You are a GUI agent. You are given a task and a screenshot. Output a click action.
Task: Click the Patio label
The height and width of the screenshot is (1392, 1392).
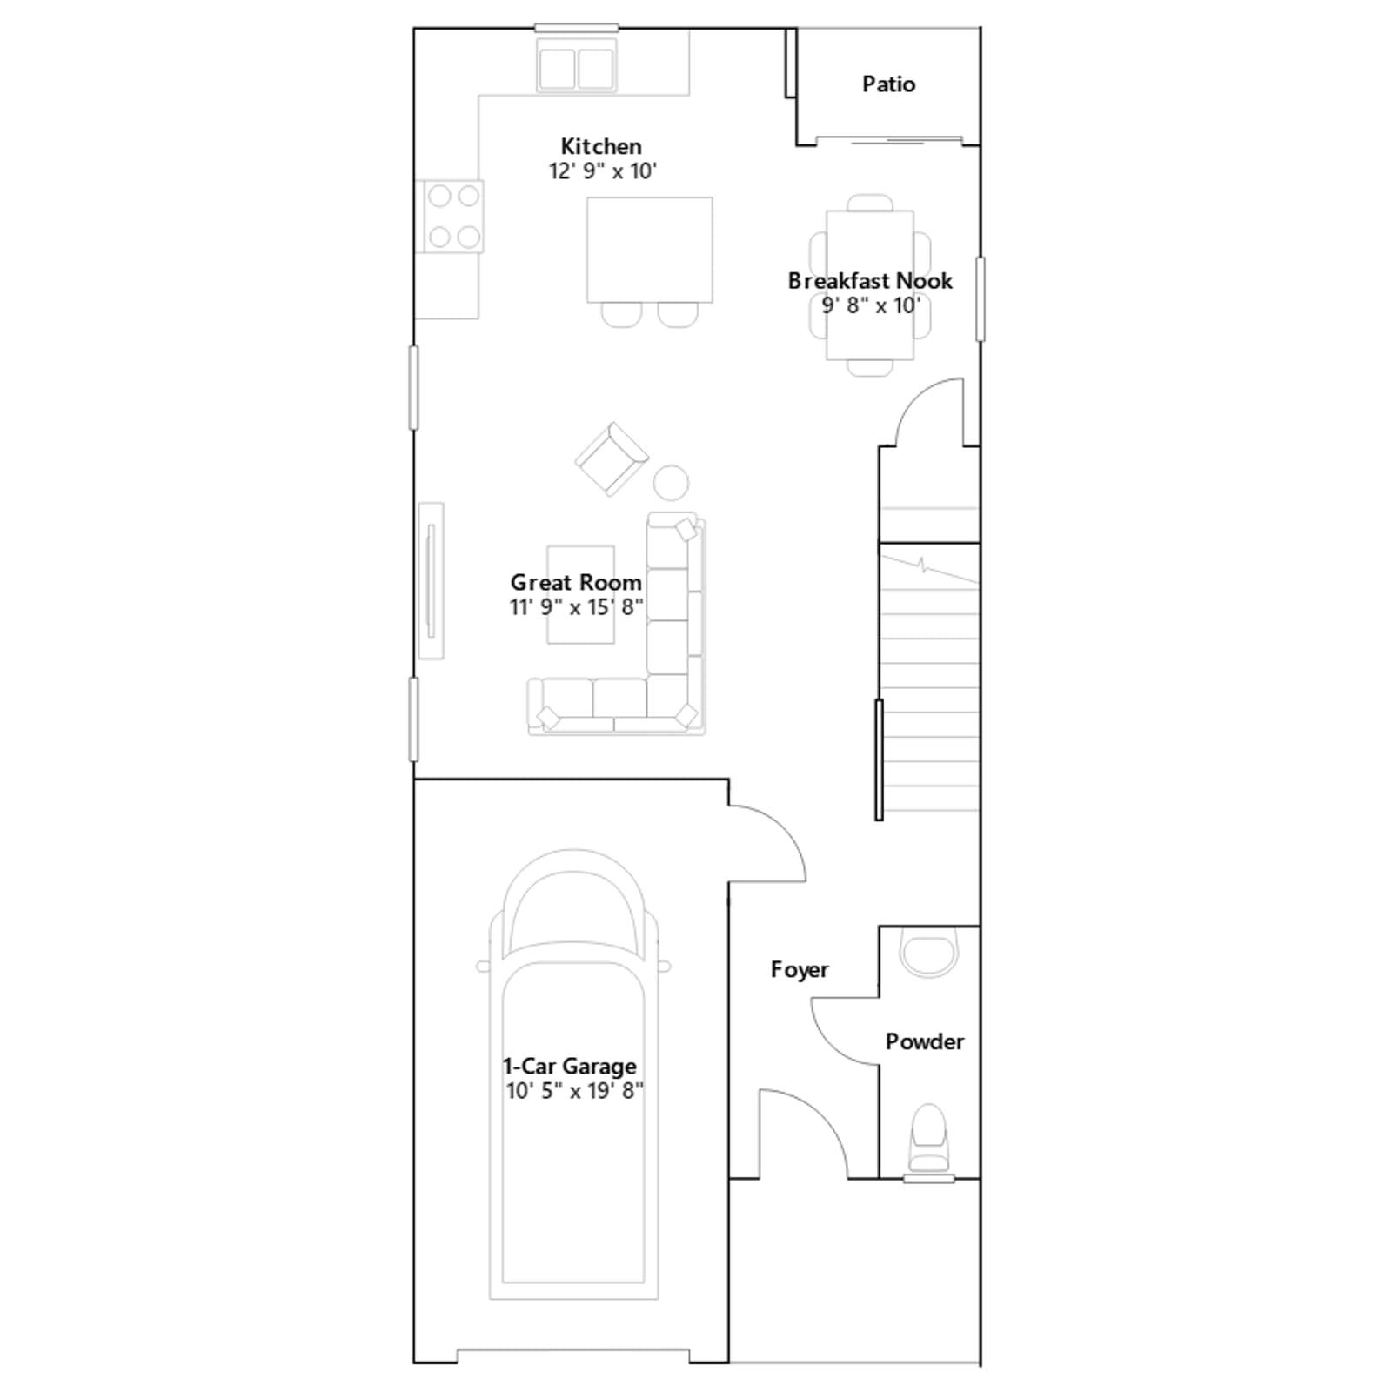pos(888,84)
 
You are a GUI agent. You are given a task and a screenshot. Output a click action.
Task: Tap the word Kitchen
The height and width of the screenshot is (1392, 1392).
pos(601,146)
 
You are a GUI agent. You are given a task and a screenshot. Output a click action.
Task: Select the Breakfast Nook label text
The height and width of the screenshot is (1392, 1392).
pos(870,281)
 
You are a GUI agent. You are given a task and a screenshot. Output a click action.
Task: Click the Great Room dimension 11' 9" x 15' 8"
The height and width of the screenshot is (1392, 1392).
pos(577,607)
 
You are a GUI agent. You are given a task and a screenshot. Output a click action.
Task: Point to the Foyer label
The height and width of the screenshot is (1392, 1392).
pos(800,969)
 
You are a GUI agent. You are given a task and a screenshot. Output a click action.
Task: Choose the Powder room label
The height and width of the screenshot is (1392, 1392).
pos(925,1041)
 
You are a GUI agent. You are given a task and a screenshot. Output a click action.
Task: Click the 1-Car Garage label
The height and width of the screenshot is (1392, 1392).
pos(570,1066)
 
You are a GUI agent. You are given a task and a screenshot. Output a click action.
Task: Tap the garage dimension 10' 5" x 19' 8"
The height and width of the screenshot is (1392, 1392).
pos(575,1091)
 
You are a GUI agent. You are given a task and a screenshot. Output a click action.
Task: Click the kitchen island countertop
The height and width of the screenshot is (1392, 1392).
pos(650,250)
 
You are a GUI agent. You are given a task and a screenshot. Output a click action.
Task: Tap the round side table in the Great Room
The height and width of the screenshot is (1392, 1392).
pos(671,483)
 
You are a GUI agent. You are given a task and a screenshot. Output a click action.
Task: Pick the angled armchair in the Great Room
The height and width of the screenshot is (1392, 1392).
pos(612,459)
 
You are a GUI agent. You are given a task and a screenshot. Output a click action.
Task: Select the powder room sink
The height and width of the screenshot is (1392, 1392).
pos(928,952)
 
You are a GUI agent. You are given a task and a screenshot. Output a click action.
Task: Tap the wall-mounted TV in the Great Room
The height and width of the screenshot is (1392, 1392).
pos(431,580)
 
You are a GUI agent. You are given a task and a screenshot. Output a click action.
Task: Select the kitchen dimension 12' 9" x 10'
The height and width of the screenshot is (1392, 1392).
pos(602,171)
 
